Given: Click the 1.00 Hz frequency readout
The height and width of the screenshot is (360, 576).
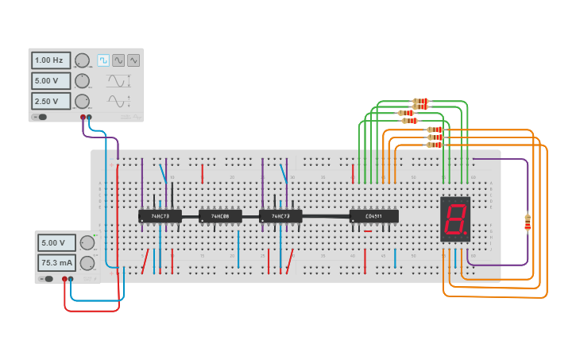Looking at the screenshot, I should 51,60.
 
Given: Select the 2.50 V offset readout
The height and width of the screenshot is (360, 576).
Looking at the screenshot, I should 51,101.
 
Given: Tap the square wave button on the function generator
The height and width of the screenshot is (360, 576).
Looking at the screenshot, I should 103,60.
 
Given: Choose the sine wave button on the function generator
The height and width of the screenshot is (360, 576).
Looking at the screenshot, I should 118,60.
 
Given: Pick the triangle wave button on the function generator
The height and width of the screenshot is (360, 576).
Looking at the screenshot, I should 133,60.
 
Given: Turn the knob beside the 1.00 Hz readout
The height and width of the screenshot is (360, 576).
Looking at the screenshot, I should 82,60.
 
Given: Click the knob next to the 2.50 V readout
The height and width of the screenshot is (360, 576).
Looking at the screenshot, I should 82,101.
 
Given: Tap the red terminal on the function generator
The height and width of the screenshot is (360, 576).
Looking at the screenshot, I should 83,117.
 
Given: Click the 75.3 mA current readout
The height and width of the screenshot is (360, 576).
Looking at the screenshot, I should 56,263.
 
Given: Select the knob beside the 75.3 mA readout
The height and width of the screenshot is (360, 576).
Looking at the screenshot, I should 87,263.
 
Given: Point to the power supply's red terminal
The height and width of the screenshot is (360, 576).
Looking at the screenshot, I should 64,279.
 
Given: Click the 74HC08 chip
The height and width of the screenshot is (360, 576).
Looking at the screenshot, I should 219,216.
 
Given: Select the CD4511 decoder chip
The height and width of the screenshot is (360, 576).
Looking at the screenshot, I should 373,216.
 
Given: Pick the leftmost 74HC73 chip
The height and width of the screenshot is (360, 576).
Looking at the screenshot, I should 160,216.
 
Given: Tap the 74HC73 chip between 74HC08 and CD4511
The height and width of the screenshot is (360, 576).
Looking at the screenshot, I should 280,216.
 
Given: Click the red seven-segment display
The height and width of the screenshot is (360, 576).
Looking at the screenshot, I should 455,219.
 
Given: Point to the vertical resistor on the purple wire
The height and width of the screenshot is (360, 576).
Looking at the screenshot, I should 528,223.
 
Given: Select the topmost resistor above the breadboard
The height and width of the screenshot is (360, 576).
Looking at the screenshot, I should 420,103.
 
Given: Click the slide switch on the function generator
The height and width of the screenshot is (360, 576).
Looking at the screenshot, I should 40,117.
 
